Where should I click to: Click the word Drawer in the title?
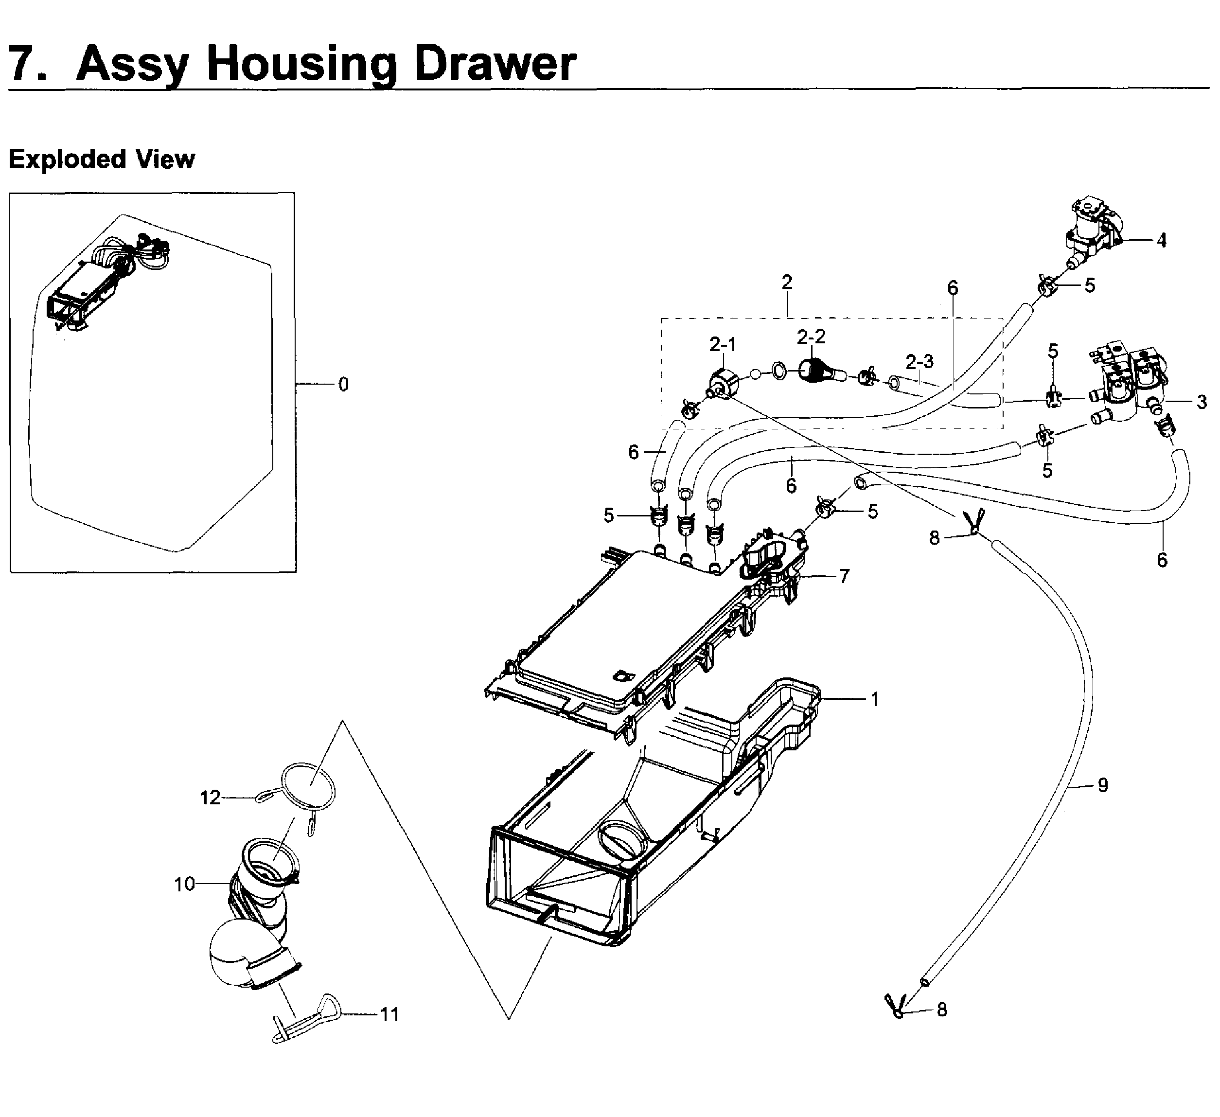click(x=495, y=64)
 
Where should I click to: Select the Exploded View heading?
click(x=102, y=159)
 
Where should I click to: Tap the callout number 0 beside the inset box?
click(x=343, y=384)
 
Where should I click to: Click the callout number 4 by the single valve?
click(x=1161, y=241)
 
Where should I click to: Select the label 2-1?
click(x=723, y=344)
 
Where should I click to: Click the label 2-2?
click(x=811, y=337)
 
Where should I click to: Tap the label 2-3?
click(x=919, y=361)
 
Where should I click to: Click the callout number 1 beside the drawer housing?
click(x=874, y=699)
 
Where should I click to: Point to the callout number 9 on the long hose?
click(x=1103, y=785)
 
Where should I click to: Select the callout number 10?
click(x=185, y=884)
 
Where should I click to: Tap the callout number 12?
click(x=210, y=798)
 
